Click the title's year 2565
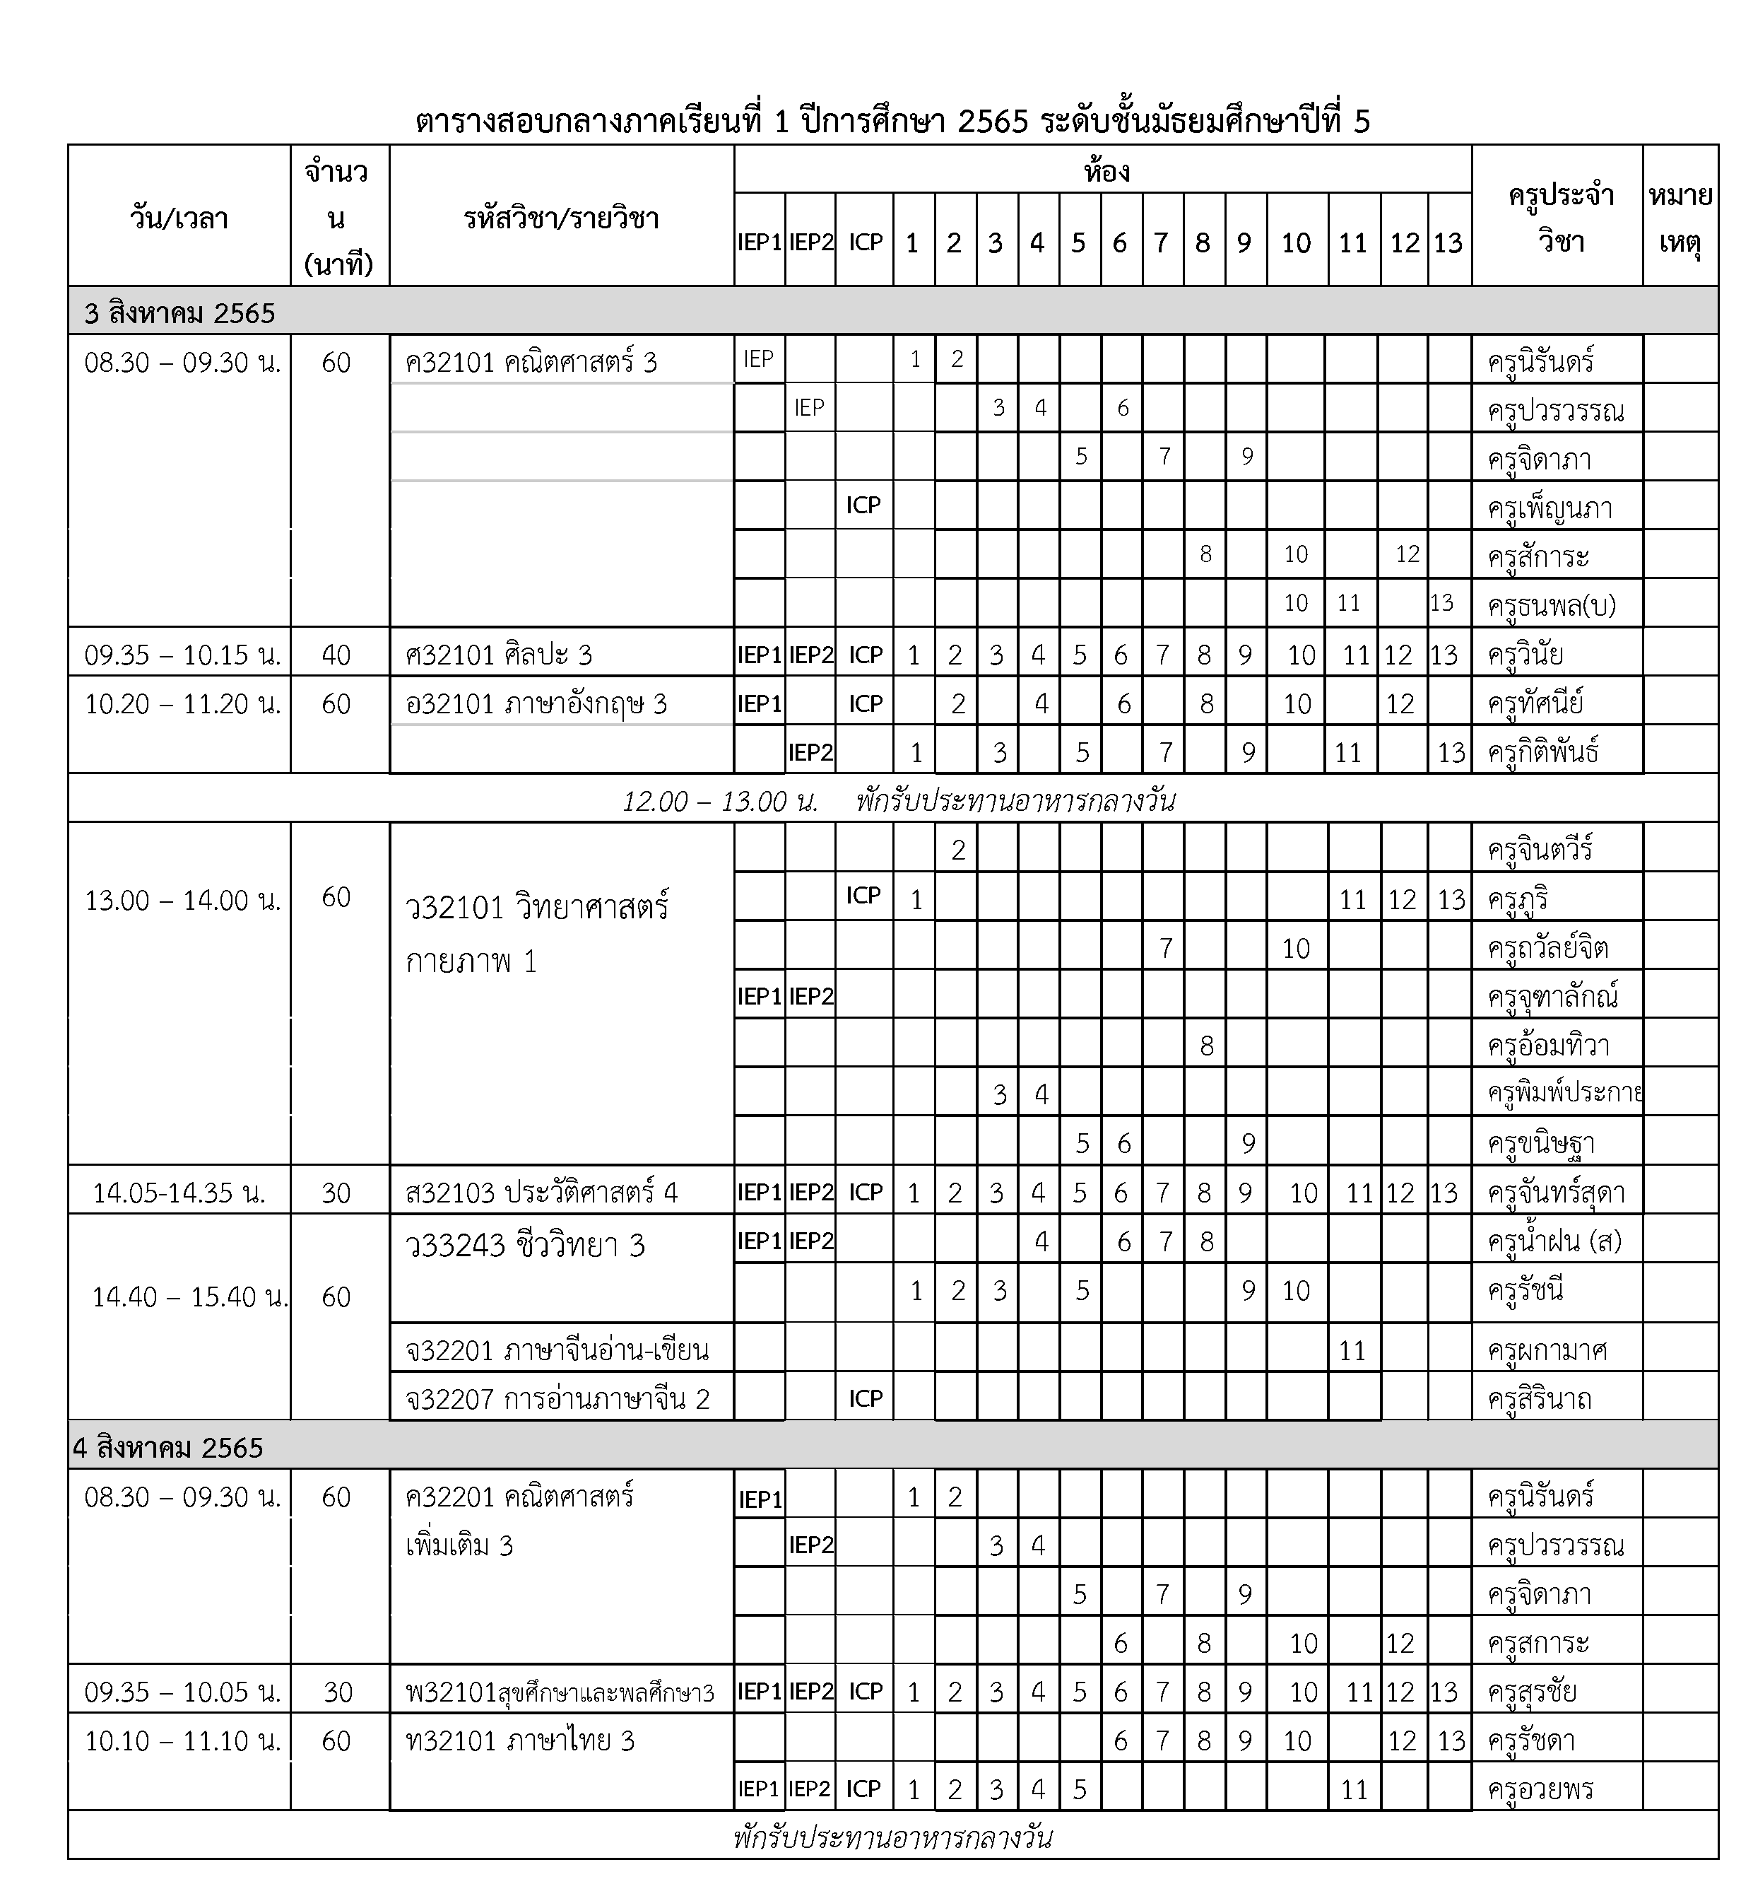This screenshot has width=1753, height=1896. pos(992,122)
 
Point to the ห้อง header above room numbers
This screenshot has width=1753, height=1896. pos(1106,171)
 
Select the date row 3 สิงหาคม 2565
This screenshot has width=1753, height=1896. pos(179,313)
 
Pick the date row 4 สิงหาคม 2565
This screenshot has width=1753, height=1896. pos(169,1447)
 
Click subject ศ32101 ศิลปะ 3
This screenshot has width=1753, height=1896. pos(498,654)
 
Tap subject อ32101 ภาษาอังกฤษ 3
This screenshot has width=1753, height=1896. pos(536,703)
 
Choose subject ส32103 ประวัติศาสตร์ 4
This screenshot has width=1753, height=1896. pos(541,1192)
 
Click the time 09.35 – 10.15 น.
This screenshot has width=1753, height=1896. pos(182,654)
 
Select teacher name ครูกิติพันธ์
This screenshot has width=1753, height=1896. pos(1543,751)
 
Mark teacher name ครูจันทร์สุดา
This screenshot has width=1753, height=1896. pos(1556,1192)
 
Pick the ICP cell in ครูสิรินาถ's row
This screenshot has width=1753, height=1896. pos(864,1398)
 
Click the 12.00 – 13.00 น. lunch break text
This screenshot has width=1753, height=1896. pos(719,801)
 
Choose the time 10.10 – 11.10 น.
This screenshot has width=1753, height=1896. pos(182,1740)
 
